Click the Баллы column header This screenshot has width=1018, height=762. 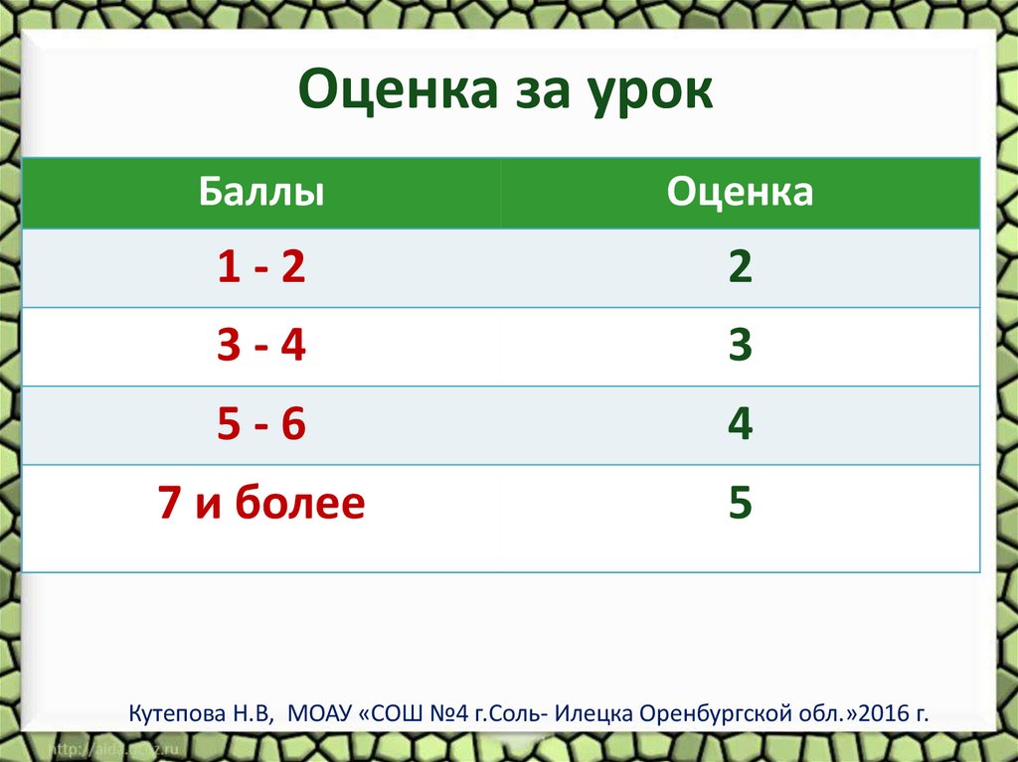pyautogui.click(x=261, y=192)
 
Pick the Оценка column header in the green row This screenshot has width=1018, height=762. pyautogui.click(x=740, y=192)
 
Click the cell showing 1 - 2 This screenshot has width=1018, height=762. pyautogui.click(x=261, y=269)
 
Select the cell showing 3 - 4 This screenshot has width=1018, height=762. pyautogui.click(x=261, y=348)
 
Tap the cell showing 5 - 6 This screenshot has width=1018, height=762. pyautogui.click(x=261, y=425)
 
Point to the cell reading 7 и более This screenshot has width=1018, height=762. pyautogui.click(x=261, y=504)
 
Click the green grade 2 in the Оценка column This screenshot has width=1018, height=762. pyautogui.click(x=740, y=269)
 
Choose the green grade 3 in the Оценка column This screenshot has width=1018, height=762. pyautogui.click(x=740, y=348)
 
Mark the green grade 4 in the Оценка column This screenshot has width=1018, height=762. pyautogui.click(x=740, y=425)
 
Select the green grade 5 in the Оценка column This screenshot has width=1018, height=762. pyautogui.click(x=740, y=504)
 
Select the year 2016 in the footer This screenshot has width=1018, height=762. pyautogui.click(x=879, y=714)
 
